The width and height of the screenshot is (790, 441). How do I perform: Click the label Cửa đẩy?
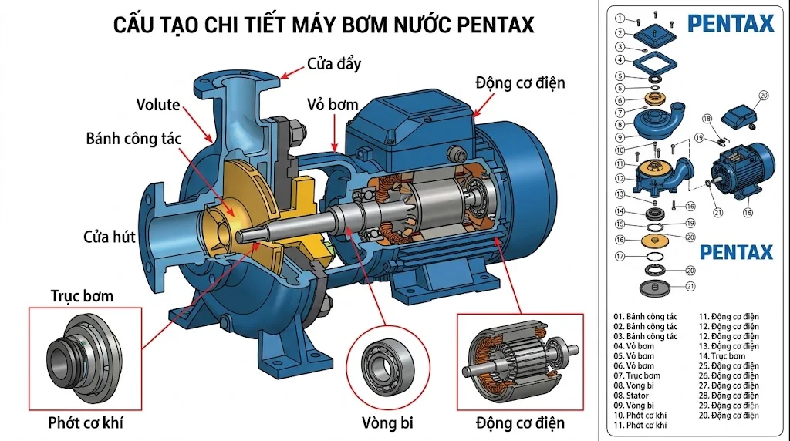coord(333,63)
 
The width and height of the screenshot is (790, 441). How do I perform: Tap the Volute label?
coord(158,105)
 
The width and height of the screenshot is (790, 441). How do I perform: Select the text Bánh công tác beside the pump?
coord(133,139)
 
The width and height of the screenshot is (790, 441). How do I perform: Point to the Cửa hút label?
coord(110,236)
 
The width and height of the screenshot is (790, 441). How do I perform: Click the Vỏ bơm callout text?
coord(333,104)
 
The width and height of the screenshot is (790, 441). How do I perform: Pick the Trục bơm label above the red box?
coord(82,295)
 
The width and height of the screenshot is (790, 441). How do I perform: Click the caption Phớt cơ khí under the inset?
coord(86,422)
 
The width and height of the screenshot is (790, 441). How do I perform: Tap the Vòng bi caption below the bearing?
coord(387,423)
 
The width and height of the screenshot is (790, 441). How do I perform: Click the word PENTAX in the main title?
coord(484,25)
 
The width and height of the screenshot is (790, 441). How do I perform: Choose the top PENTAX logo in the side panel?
coord(730,23)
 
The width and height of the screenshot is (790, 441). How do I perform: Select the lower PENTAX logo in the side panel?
coord(735,252)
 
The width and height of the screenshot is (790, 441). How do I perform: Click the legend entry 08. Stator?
coord(631,396)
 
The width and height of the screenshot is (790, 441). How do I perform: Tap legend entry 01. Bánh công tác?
coord(645,316)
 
